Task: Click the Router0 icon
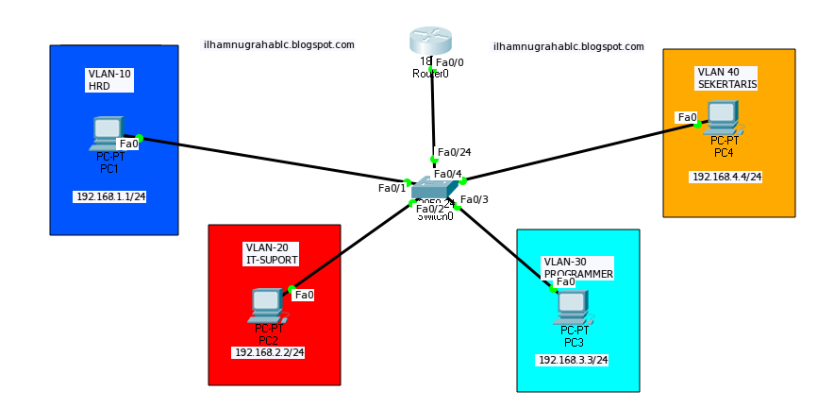[431, 42]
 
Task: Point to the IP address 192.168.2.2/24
[270, 352]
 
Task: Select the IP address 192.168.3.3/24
[573, 360]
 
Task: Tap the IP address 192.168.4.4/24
[726, 177]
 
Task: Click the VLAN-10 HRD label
[108, 79]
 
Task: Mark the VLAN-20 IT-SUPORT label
[271, 253]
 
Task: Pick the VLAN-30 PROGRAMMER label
[577, 267]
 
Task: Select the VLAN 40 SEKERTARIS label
[726, 77]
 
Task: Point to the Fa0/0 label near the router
[449, 62]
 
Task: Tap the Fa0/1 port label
[392, 188]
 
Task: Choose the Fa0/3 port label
[475, 199]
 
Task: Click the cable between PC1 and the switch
[274, 160]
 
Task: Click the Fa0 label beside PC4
[687, 118]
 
